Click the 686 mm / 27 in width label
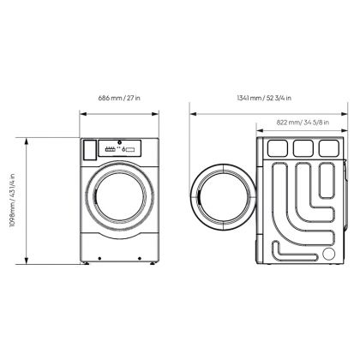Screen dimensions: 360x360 pos(119,98)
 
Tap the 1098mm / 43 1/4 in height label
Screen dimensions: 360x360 pos(13,200)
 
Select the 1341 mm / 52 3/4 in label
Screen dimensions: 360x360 pos(264,98)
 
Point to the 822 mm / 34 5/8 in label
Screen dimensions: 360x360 pos(303,123)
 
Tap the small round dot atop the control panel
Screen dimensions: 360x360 pos(119,142)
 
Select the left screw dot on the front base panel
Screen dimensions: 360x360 pos(99,259)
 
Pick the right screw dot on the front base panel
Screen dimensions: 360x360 pos(140,259)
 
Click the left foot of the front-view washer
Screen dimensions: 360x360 pos(86,263)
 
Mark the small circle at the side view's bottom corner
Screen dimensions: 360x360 pos(328,254)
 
